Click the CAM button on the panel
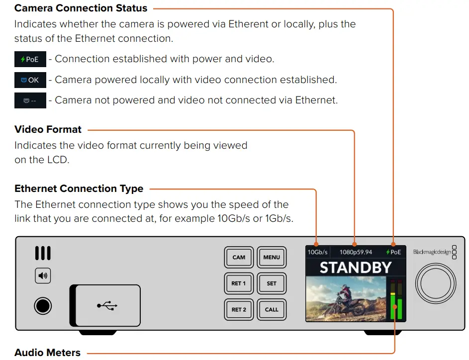click(x=239, y=258)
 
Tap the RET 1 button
click(x=239, y=283)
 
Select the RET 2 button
click(x=239, y=309)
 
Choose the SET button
click(x=272, y=283)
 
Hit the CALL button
click(x=272, y=309)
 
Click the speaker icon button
click(x=43, y=275)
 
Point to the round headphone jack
click(x=43, y=305)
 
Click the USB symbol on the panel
click(x=106, y=305)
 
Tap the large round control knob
click(x=435, y=281)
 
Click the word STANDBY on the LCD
click(x=355, y=268)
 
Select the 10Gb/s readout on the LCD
click(x=317, y=252)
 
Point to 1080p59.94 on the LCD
click(x=356, y=252)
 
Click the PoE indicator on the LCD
click(x=393, y=252)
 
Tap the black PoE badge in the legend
click(x=30, y=59)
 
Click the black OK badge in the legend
click(x=30, y=80)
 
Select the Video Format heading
click(x=48, y=130)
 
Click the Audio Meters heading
click(x=47, y=353)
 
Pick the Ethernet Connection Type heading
click(x=79, y=189)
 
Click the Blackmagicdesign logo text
click(x=432, y=252)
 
